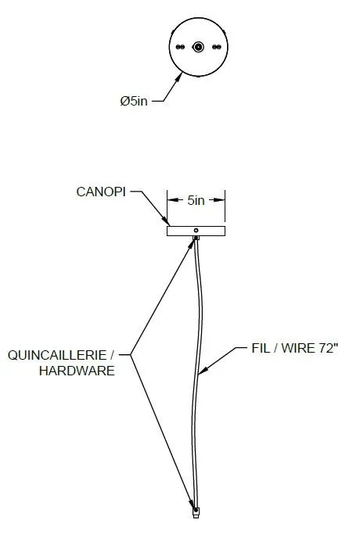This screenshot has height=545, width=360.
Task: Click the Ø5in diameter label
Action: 134,101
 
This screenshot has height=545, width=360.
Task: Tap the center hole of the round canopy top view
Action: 198,47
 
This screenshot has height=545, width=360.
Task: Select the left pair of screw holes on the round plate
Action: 180,47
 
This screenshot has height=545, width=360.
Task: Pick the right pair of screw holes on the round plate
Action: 216,47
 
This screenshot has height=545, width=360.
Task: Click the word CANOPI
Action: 101,192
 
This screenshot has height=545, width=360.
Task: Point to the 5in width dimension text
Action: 196,200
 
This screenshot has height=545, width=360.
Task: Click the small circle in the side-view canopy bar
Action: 196,230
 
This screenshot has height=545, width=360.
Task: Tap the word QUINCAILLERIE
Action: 57,355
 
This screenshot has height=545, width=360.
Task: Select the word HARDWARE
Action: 77,371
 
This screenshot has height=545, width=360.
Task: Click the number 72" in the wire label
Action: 327,348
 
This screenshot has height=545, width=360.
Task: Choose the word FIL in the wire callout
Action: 260,348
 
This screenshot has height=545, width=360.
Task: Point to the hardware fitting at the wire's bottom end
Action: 196,512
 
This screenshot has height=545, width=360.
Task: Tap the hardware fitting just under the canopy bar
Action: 196,238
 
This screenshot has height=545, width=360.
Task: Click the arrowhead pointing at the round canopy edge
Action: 178,77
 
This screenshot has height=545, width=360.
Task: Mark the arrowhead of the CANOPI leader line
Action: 166,221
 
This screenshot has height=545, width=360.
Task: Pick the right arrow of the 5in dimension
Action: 219,200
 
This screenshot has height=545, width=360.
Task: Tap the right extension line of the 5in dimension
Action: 225,206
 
